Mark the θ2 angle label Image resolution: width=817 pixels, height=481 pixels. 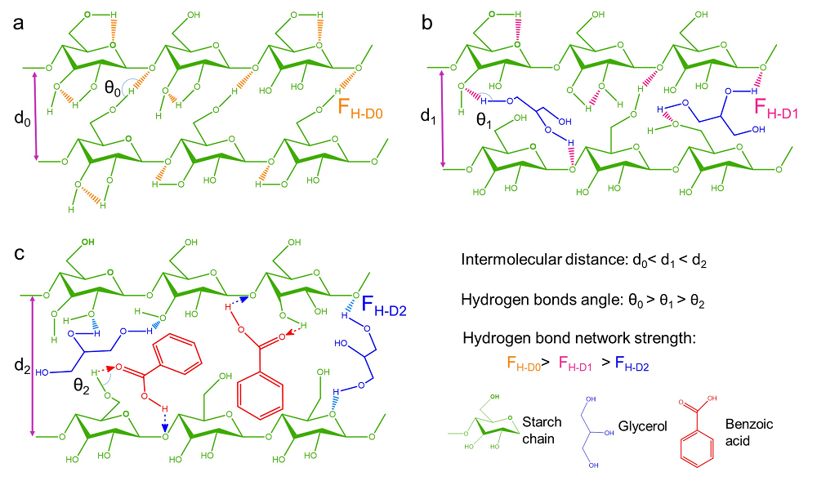point(78,381)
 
